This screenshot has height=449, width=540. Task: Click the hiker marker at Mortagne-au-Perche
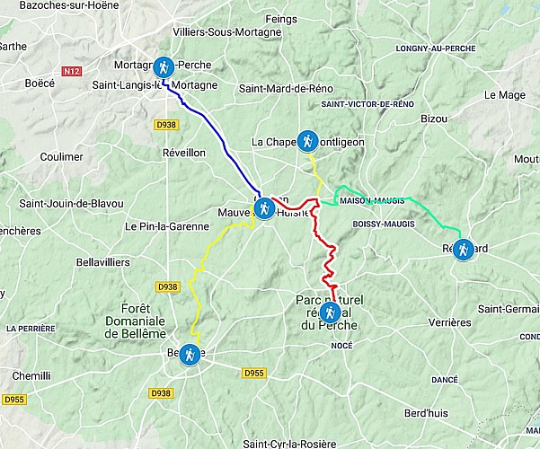164,66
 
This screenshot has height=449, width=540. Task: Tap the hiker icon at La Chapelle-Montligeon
307,141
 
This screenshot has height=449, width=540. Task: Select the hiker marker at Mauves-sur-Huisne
264,209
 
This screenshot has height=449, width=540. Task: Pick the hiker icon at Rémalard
463,249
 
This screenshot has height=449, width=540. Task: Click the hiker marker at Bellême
190,355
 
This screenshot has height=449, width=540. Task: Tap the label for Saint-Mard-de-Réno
280,88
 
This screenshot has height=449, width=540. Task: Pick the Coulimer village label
62,156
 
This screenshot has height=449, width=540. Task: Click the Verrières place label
449,322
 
